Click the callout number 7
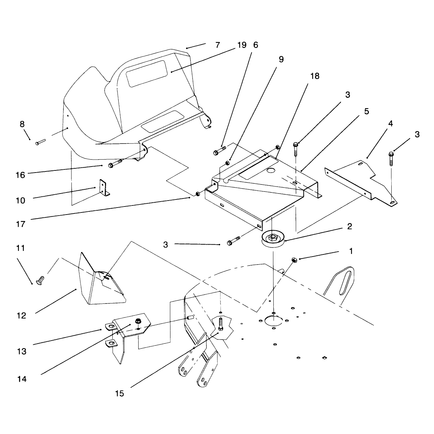coord(217,45)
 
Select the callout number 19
coord(242,45)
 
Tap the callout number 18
coord(315,76)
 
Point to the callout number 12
coord(21,316)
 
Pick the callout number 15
coord(119,393)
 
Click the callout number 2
coord(350,226)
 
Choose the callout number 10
coord(21,200)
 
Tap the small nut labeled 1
coord(294,260)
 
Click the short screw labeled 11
coord(40,280)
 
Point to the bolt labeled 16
coord(115,164)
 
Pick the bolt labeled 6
coord(219,150)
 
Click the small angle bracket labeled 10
coord(104,188)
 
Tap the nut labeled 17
coord(197,194)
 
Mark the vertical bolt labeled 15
coord(221,324)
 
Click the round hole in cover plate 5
coord(271,170)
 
